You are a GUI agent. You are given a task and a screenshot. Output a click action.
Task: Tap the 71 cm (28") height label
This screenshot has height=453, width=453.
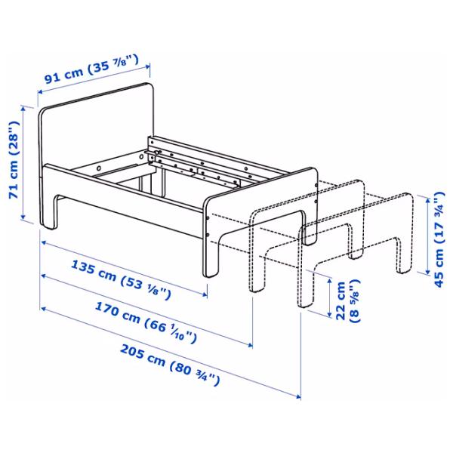click(x=13, y=162)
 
